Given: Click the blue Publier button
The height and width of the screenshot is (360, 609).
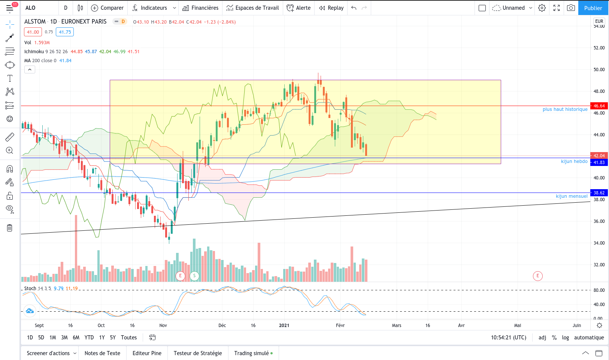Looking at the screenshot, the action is [x=593, y=8].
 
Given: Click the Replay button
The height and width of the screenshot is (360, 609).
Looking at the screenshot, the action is [x=331, y=8].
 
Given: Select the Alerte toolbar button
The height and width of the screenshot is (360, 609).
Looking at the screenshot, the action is [x=299, y=8].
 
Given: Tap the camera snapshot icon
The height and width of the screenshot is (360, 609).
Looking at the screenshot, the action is [x=571, y=8].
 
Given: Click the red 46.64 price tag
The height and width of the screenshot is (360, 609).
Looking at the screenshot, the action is [x=599, y=106].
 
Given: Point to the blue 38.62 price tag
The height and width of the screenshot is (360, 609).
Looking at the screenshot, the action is [x=599, y=193].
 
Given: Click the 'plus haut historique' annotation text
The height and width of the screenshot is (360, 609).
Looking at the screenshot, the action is [x=565, y=109].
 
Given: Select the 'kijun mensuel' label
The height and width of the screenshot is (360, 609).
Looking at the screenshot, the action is [x=572, y=196].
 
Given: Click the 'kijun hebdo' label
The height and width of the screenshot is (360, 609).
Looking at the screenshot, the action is [x=574, y=161].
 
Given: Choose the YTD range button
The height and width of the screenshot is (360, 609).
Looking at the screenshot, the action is [x=89, y=338].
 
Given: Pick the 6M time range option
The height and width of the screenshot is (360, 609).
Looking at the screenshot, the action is [x=76, y=338].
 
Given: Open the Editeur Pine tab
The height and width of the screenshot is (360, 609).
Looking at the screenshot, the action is [x=147, y=353].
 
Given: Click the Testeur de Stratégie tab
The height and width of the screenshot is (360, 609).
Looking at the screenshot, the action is [x=198, y=353].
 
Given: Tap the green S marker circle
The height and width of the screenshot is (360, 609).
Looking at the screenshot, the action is [x=194, y=276].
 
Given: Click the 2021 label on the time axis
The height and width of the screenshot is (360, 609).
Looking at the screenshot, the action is [x=284, y=326].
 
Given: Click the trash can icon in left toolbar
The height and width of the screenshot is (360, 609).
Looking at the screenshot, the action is [x=9, y=228].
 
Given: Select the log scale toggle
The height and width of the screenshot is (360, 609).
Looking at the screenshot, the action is [x=566, y=338].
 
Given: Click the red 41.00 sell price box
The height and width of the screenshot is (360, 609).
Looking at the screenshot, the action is [x=33, y=32].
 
